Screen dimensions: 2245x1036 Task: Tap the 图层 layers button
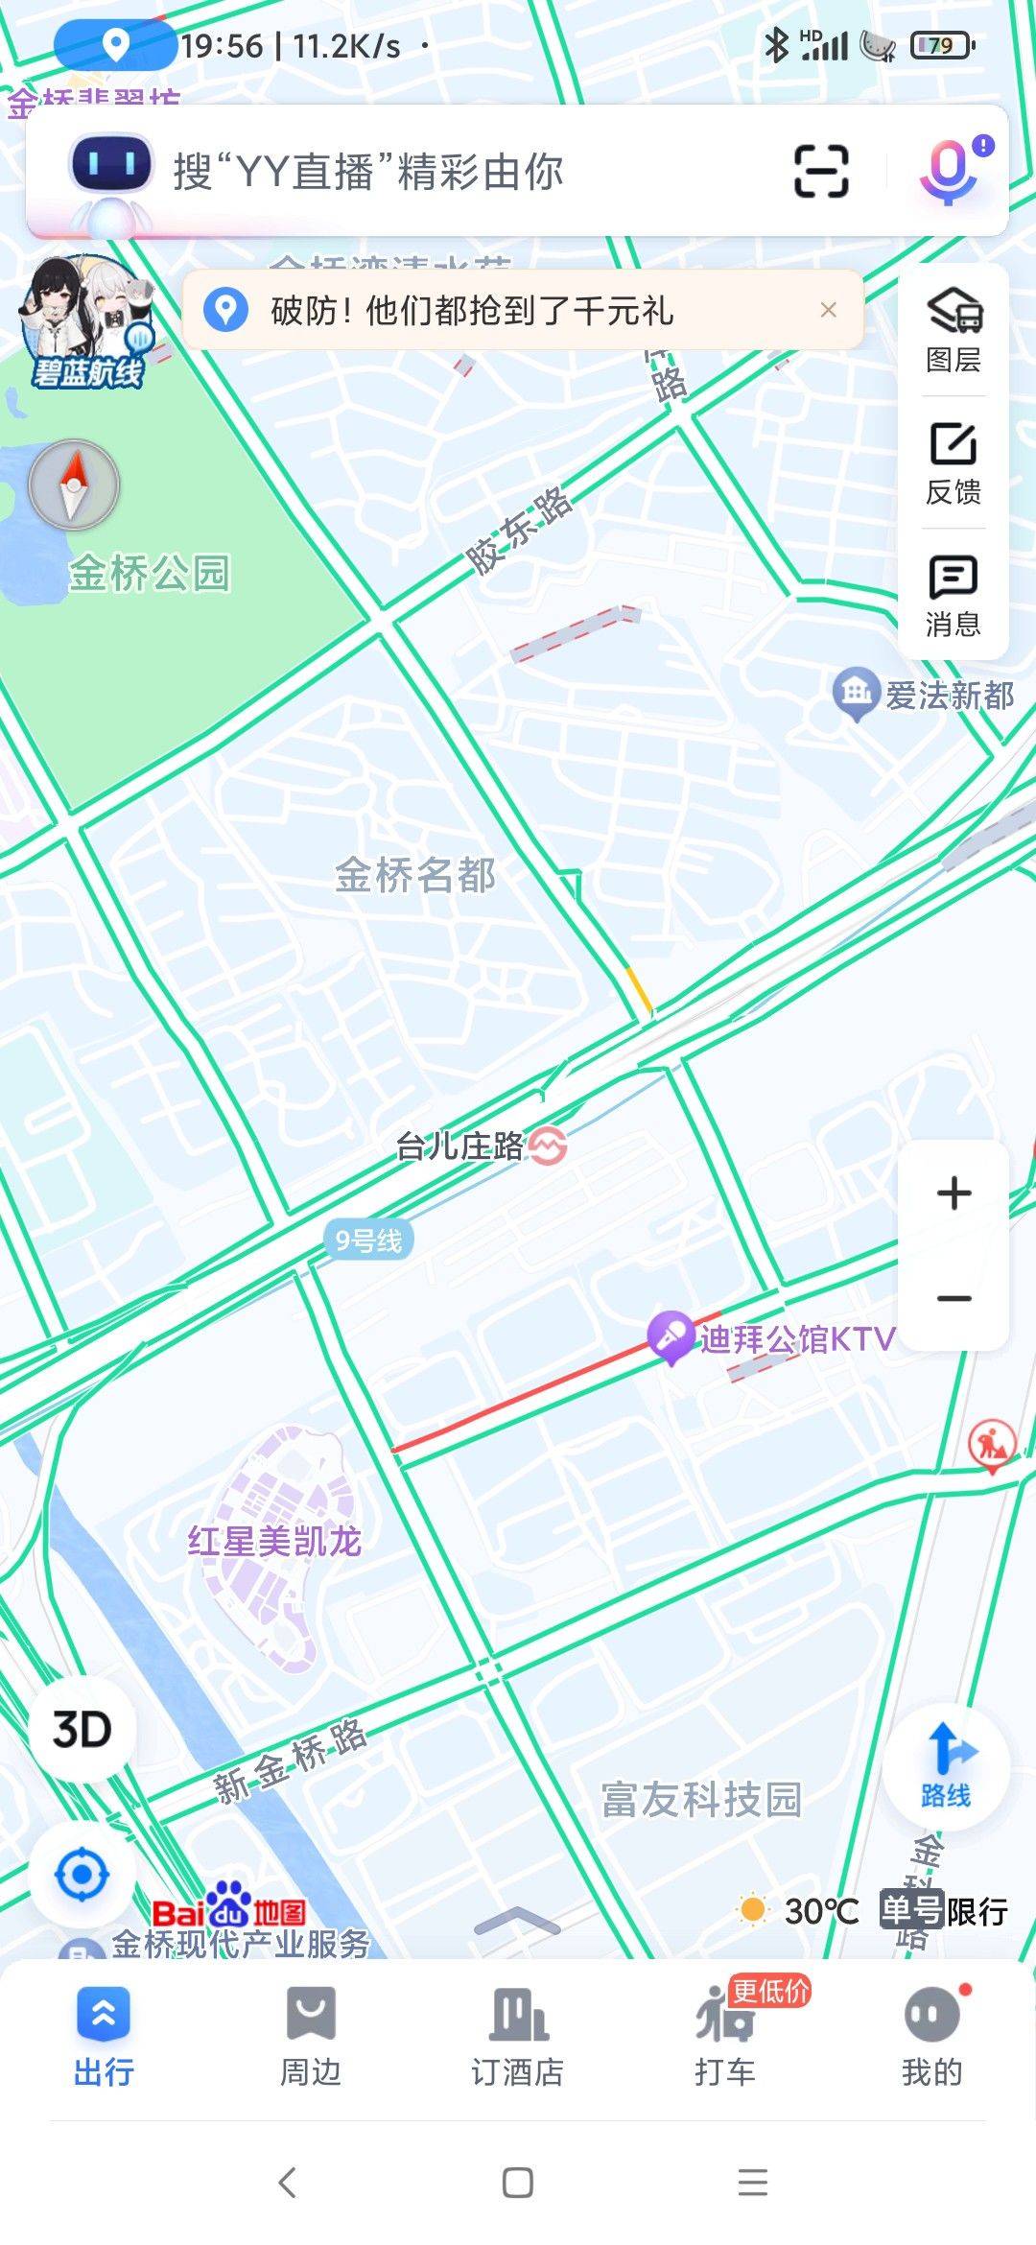coord(954,329)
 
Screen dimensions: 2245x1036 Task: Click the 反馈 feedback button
coord(954,462)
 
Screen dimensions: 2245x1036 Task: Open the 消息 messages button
coord(954,595)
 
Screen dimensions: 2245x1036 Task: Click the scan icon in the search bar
coord(821,172)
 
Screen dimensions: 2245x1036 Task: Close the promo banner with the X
coord(829,310)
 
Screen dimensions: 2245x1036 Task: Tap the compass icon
coord(74,485)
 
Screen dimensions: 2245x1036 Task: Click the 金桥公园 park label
coord(149,574)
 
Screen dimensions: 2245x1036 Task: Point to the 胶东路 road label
coord(519,531)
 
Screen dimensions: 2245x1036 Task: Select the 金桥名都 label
coord(414,875)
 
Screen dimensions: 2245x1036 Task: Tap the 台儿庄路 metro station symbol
coord(548,1146)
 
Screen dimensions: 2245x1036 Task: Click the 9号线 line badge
coord(368,1241)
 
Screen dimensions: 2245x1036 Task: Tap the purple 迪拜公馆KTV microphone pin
coord(671,1335)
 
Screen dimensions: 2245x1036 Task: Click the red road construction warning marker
coord(991,1444)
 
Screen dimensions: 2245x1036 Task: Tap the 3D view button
coord(82,1730)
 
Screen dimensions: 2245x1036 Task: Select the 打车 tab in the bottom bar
coord(725,2032)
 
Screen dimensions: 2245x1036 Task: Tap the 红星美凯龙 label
coord(274,1541)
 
